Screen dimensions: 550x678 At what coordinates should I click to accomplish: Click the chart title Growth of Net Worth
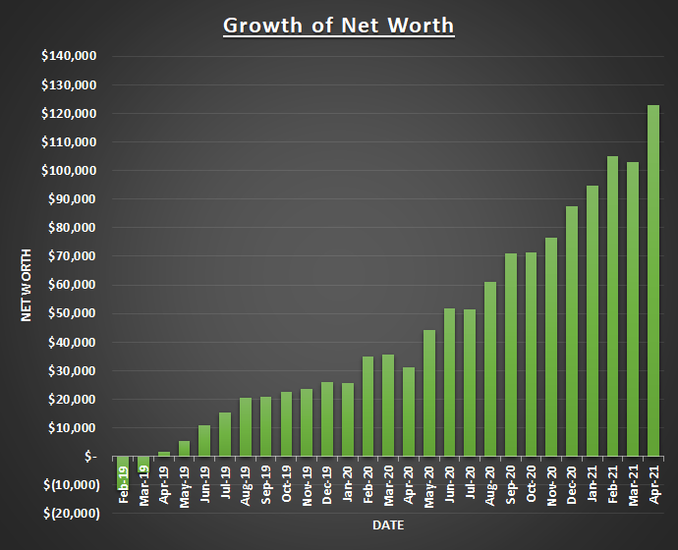(x=339, y=25)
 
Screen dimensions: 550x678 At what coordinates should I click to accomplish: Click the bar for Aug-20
(x=490, y=369)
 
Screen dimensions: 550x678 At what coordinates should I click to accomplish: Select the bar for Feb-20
(x=367, y=407)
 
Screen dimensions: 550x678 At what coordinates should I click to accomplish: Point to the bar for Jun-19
(x=204, y=441)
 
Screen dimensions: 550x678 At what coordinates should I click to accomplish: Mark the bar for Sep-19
(x=265, y=426)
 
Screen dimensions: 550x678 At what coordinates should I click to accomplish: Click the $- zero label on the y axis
(x=89, y=457)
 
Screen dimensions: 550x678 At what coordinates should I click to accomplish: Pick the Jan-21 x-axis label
(x=593, y=483)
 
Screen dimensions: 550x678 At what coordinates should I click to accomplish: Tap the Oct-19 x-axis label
(x=286, y=483)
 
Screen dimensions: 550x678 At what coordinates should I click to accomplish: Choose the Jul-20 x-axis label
(x=470, y=483)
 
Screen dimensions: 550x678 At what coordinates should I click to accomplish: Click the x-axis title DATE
(x=388, y=525)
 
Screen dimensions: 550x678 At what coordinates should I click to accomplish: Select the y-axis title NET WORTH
(x=28, y=285)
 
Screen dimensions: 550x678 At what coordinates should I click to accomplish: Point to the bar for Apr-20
(x=409, y=412)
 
